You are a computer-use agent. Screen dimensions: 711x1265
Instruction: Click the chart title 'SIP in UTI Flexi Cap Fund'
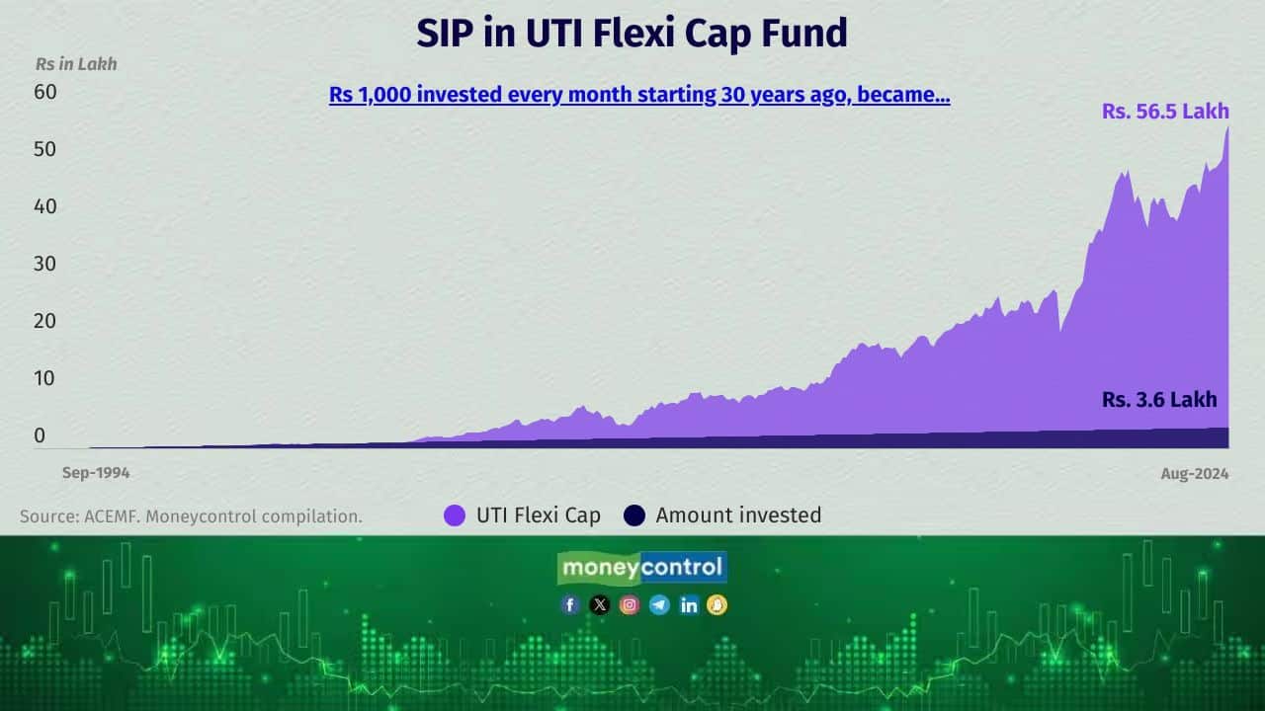[x=632, y=34]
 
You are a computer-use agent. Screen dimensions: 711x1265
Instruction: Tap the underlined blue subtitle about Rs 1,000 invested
[x=639, y=96]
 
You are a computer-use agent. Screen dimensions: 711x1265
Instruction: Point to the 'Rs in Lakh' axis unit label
[x=76, y=64]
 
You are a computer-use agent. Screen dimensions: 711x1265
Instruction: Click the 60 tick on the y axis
[x=45, y=92]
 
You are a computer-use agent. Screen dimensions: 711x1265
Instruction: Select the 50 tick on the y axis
[x=45, y=149]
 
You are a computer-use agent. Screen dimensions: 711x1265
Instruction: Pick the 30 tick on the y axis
[x=45, y=264]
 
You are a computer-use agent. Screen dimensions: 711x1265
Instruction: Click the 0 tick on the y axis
[x=40, y=435]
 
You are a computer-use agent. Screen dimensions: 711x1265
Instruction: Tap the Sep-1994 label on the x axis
[x=96, y=473]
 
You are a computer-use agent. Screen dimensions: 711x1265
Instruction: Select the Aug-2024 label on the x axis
[x=1195, y=474]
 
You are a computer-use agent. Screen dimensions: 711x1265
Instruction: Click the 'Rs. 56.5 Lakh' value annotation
[x=1165, y=112]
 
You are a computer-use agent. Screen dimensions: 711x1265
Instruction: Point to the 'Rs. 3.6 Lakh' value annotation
[x=1159, y=400]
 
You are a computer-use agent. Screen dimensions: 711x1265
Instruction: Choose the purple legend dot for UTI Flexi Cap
[x=455, y=515]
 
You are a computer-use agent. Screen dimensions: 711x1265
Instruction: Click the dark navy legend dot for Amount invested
[x=634, y=515]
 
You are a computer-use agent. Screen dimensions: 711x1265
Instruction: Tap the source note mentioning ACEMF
[x=191, y=515]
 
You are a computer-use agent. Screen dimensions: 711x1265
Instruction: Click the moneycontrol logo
[x=642, y=568]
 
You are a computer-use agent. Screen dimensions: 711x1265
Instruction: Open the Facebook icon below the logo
[x=570, y=605]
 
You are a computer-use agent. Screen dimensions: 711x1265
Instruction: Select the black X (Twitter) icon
[x=600, y=605]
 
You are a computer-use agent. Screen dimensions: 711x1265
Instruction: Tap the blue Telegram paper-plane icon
[x=659, y=605]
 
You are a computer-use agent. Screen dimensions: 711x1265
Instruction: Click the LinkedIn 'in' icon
[x=689, y=605]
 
